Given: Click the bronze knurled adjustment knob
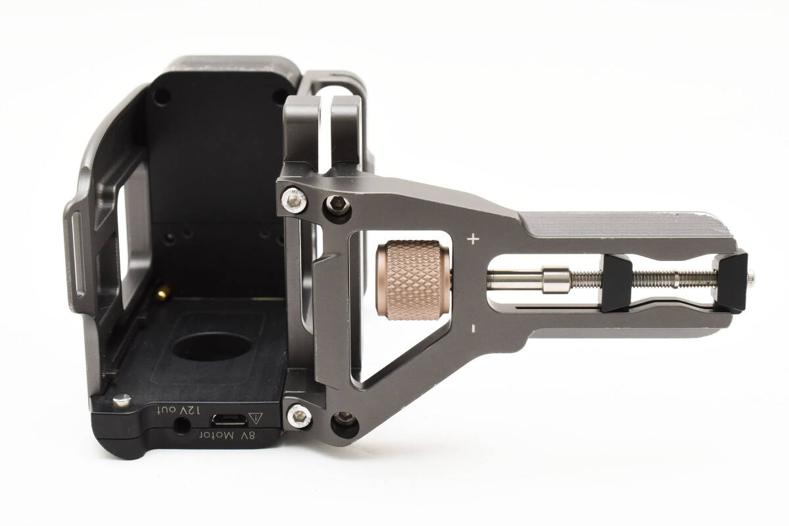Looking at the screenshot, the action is point(413,280).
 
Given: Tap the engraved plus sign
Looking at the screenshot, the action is point(473,239).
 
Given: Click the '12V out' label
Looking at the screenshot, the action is point(179,410).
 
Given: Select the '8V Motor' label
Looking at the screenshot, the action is point(228,435).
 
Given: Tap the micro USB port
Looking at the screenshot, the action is point(229,419).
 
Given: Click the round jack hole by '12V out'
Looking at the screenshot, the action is point(182,425).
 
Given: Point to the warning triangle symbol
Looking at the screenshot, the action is point(256,418).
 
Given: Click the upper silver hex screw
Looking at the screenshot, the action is point(294,200).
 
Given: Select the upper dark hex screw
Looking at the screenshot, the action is point(338,204).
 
